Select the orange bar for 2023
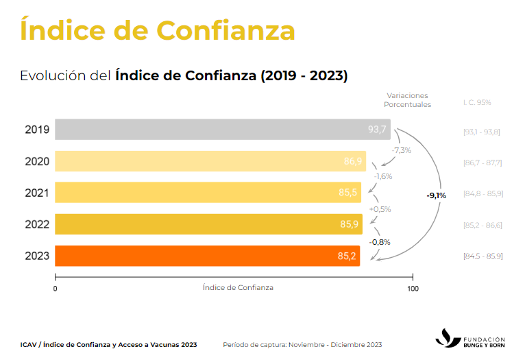206,256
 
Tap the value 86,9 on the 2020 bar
353,161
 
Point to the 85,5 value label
348,193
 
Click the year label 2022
36,224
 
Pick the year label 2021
36,193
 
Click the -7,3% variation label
401,150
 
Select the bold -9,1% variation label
436,195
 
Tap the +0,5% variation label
380,209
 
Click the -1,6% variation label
382,176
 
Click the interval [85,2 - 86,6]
483,224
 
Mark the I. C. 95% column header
477,102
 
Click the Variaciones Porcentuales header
407,100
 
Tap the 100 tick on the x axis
413,289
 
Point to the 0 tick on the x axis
55,289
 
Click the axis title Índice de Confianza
238,287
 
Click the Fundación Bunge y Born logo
472,339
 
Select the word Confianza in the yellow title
225,30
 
